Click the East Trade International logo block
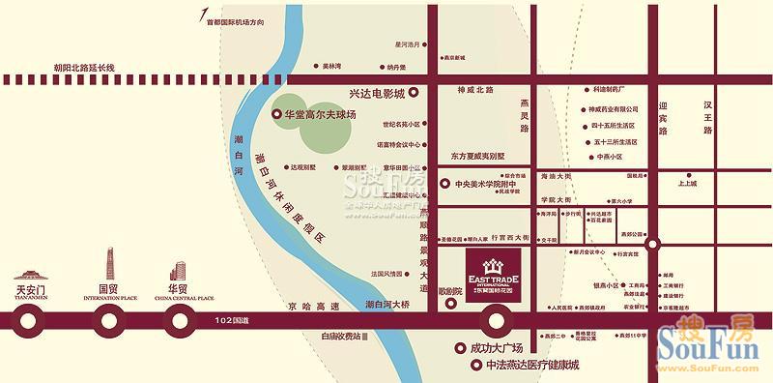pos(493,276)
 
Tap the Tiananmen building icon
pos(32,270)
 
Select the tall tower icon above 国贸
pos(109,264)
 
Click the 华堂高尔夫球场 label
pos(319,114)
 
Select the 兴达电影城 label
pos(376,93)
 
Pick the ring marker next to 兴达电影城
pos(414,93)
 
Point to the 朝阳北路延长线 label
pos(85,67)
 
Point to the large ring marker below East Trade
pos(497,319)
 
